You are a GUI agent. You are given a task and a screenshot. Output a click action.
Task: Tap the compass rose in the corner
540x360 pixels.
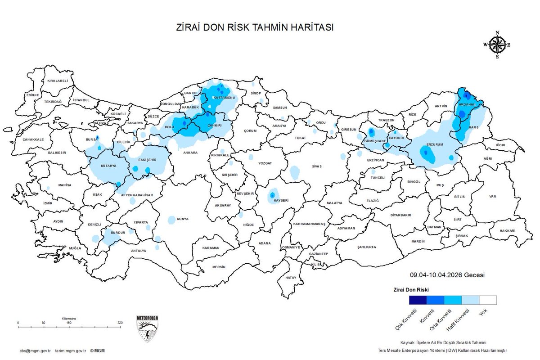497,45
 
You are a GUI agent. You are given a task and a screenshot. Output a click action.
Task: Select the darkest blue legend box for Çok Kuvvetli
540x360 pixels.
418,300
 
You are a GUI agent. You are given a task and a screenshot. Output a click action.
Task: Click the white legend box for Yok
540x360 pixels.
487,300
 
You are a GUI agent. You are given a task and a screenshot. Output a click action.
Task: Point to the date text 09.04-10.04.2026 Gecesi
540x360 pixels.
447,275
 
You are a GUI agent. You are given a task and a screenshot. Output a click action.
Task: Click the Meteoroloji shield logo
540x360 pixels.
147,328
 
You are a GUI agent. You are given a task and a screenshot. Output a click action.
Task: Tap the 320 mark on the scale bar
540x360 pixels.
120,323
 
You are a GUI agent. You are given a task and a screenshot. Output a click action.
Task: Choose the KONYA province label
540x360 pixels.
183,219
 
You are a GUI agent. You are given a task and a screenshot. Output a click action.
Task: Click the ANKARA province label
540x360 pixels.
190,153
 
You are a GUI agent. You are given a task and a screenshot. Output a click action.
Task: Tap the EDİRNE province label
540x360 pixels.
33,95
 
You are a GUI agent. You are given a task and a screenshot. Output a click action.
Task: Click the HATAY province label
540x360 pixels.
291,278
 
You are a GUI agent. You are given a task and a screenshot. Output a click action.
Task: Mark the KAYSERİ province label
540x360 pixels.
281,200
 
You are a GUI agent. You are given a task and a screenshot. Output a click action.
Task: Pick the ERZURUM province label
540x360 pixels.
435,144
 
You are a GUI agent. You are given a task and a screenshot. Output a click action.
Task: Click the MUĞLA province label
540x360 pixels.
75,248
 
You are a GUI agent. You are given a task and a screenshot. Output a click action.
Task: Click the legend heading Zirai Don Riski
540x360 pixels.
411,289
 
